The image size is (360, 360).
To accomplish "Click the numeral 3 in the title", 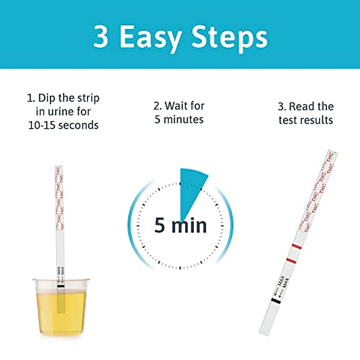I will (101, 37).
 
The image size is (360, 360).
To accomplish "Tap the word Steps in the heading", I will (229, 37).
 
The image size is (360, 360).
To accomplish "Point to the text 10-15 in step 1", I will (41, 125).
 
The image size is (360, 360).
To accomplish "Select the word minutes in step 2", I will (184, 119).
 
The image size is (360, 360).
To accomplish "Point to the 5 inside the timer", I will (160, 225).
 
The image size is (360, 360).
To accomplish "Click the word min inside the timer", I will (189, 226).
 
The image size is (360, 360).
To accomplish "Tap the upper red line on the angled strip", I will (296, 246).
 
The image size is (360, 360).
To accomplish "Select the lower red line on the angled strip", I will (291, 260).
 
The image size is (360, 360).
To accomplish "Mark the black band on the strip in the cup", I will (61, 286).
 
